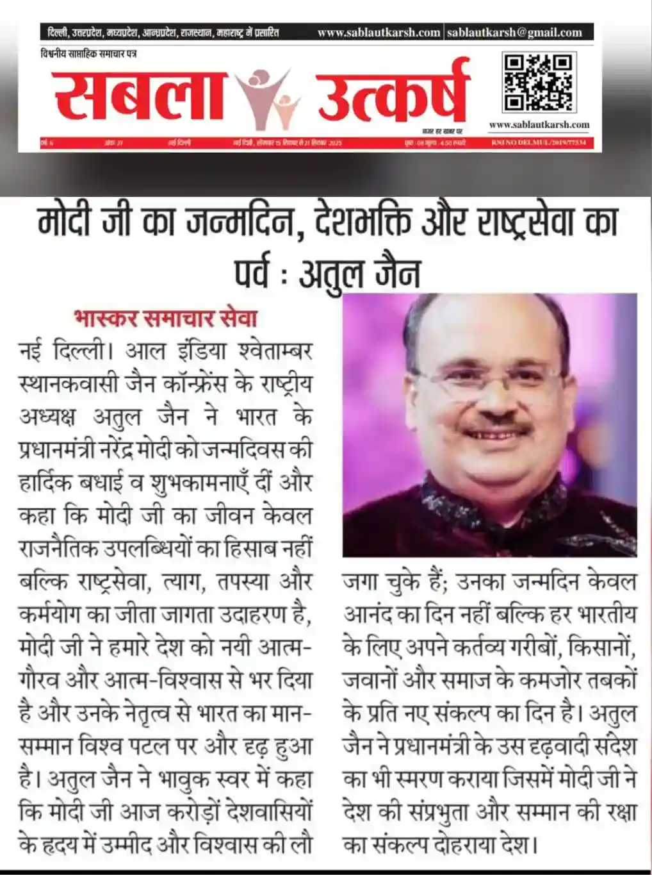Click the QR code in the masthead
(537, 83)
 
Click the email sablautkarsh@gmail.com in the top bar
(514, 32)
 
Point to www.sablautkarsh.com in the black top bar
(379, 32)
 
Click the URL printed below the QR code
(539, 124)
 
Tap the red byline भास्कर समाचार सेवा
(166, 317)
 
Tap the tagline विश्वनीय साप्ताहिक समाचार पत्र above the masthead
(88, 54)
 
